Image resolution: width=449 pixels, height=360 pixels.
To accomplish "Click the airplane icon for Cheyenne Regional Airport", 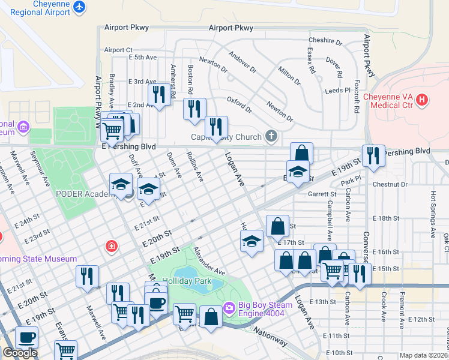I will tap(78, 7).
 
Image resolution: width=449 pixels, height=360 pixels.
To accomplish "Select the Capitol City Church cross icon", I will tap(272, 136).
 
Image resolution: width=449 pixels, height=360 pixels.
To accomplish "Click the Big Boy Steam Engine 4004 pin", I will tap(229, 309).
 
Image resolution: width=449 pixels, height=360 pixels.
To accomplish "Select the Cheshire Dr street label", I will tap(325, 42).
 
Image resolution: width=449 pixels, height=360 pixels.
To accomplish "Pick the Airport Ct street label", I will tap(118, 50).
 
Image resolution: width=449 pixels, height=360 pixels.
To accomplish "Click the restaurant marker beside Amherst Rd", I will tap(158, 95).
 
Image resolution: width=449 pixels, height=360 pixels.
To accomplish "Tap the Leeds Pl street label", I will tap(337, 90).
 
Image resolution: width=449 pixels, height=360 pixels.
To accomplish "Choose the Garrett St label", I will tap(322, 194).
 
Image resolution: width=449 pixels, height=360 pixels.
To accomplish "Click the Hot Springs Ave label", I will tap(433, 208).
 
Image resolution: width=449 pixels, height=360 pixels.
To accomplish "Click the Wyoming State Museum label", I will tap(36, 259).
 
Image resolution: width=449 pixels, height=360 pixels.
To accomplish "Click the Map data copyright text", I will tap(424, 355).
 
